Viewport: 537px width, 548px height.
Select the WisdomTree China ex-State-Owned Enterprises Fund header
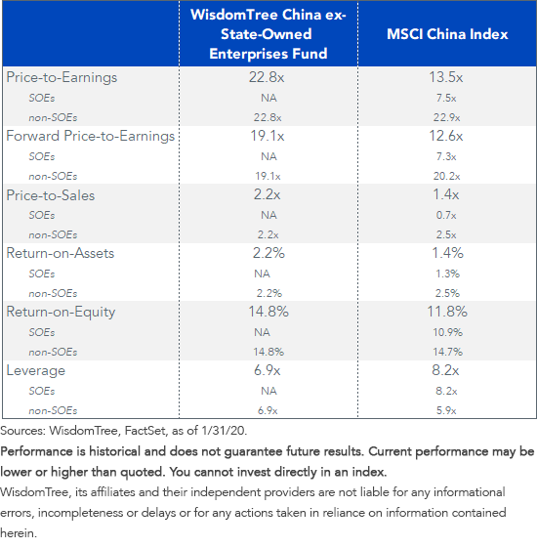point(270,34)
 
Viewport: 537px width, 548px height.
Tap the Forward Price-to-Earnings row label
point(91,136)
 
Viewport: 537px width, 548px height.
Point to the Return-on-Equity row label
point(61,312)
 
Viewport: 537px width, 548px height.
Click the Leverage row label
point(35,370)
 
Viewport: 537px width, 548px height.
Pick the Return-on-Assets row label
point(61,253)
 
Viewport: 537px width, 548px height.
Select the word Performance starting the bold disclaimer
point(38,452)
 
